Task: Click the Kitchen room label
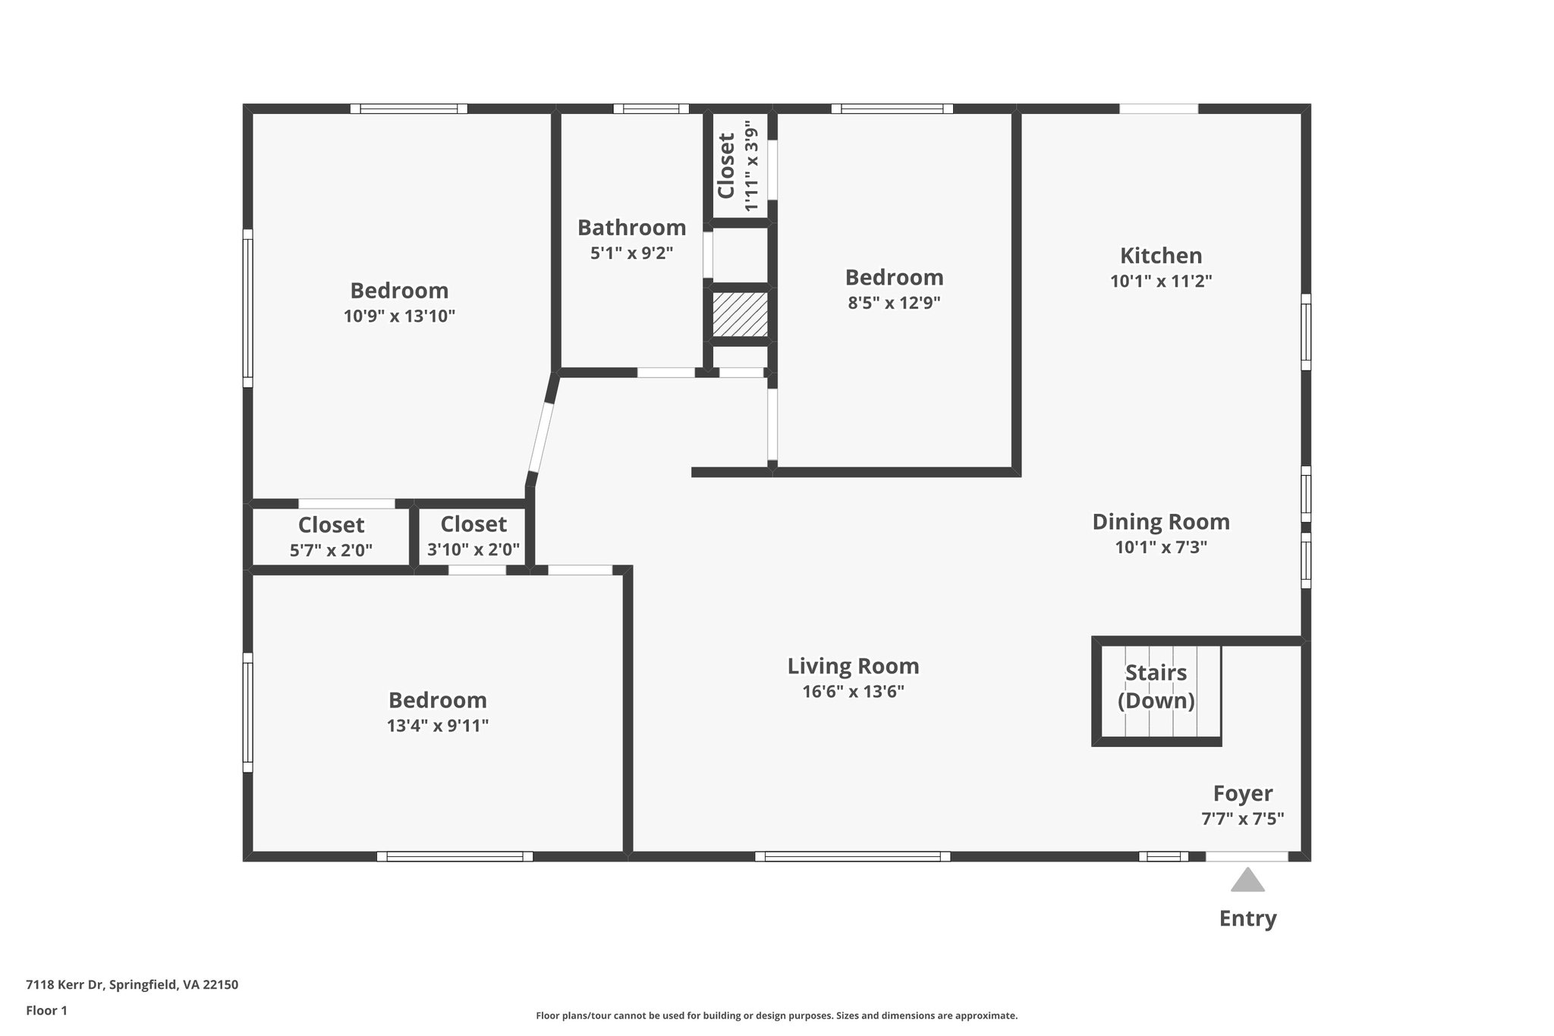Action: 1161,255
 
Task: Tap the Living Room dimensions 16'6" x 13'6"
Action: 853,691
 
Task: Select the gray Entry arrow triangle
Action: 1247,880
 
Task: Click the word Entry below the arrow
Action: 1247,918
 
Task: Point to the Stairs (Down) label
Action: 1156,686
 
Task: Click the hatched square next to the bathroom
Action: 740,314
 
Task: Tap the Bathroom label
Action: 631,228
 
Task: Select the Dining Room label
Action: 1160,522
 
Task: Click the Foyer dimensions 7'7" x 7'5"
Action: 1242,819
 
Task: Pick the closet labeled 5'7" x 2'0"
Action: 331,537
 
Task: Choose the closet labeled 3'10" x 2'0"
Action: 473,537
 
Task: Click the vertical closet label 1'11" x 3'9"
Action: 751,165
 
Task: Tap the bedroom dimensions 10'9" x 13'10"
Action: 399,316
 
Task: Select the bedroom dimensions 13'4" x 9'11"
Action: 437,726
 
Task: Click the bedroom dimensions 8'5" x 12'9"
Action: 894,303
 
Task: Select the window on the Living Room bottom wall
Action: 852,856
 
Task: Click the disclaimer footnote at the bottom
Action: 776,1016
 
